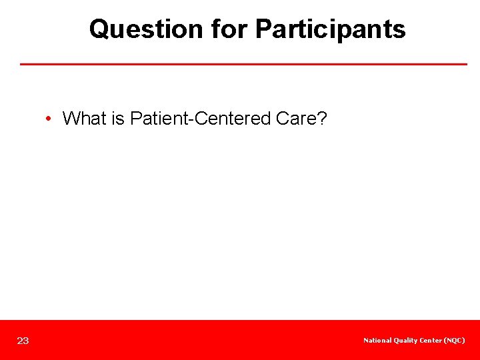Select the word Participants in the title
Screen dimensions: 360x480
(x=331, y=29)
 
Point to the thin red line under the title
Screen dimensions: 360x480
(x=243, y=64)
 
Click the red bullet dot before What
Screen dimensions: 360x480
(x=49, y=119)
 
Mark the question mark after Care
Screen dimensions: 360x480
(x=321, y=119)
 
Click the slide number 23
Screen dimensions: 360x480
(x=23, y=341)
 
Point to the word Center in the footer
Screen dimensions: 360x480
(x=431, y=341)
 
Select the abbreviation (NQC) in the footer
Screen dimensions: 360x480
(x=455, y=341)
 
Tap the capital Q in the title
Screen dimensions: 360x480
(x=99, y=29)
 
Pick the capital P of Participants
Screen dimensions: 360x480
(x=263, y=29)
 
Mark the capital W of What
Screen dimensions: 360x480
(x=70, y=119)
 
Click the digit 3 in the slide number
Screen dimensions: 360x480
(x=26, y=341)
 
